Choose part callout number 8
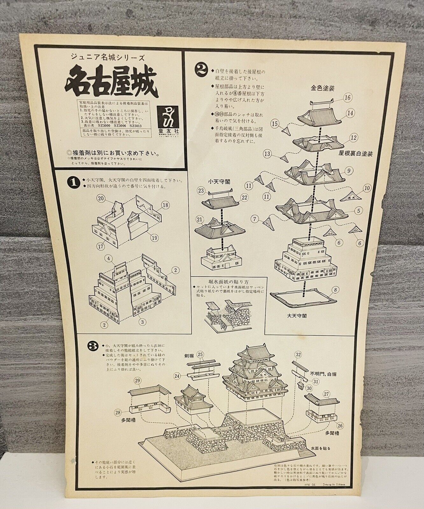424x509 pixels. tap(334, 290)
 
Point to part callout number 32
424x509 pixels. tap(298, 354)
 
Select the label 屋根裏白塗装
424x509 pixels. tap(356, 154)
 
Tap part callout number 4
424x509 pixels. tap(109, 259)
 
